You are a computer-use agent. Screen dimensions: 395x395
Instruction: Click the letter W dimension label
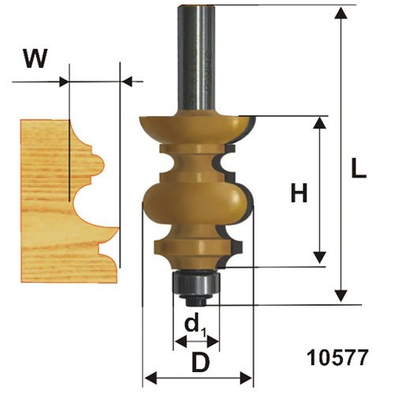point(36,58)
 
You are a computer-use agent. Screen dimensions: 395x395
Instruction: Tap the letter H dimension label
point(299,193)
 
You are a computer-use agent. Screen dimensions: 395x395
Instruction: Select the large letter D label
point(201,363)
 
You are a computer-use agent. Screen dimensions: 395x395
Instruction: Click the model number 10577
point(337,358)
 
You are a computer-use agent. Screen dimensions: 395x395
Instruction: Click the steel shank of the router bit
point(197,60)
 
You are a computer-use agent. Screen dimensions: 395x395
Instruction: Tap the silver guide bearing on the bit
point(196,284)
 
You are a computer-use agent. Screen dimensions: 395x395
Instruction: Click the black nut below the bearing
point(195,300)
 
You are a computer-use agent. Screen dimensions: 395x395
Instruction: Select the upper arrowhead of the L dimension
point(341,13)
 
